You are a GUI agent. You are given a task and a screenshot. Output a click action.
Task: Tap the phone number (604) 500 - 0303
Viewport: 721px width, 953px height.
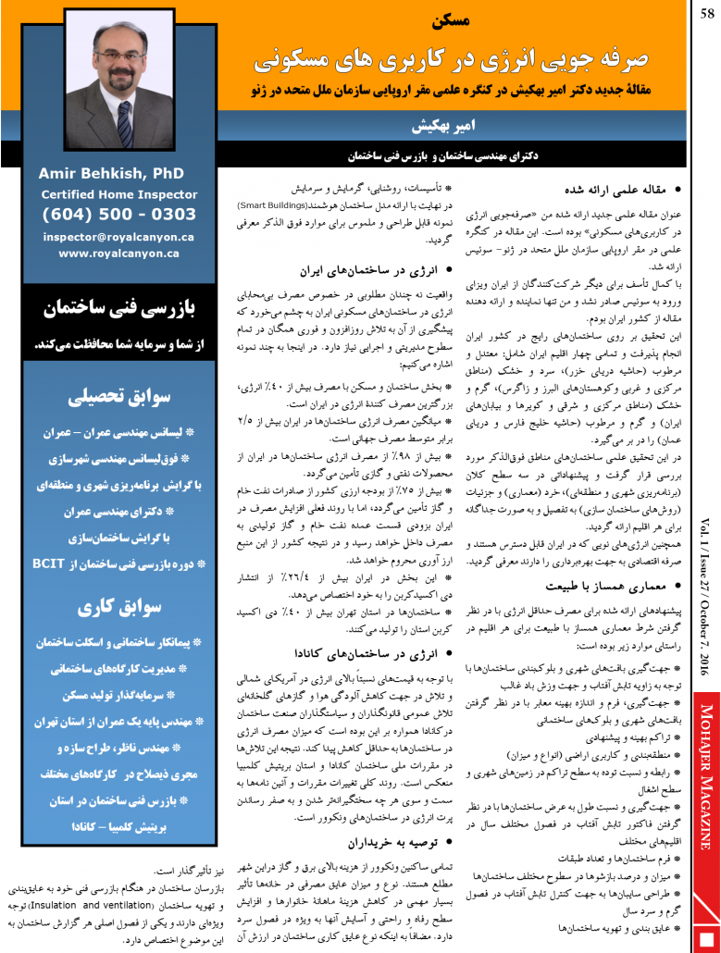(118, 215)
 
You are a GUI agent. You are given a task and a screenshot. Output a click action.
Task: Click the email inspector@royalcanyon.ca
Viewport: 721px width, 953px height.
(118, 236)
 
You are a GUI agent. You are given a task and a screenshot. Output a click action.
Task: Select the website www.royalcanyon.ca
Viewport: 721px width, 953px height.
(118, 252)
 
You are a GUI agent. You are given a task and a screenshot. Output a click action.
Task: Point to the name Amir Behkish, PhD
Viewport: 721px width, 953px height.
(112, 173)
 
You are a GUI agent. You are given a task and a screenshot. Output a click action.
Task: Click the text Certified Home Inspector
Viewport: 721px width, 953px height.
(118, 194)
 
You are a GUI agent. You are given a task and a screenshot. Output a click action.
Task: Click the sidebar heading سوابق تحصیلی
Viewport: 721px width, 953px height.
(118, 397)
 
